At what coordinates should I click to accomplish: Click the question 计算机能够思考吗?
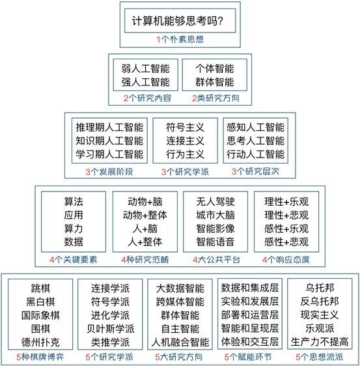[178, 21]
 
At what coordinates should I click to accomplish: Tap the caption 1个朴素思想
[180, 39]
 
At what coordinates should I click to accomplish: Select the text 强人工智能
[145, 82]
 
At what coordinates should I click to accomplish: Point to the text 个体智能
[215, 68]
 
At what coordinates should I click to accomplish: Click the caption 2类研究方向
[216, 98]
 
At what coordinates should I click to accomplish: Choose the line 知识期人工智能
[109, 141]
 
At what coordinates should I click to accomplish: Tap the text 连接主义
[185, 141]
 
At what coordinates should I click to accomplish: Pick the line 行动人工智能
[255, 154]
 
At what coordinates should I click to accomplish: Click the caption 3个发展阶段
[109, 172]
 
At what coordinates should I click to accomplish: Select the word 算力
[74, 229]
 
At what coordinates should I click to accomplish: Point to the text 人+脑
[145, 229]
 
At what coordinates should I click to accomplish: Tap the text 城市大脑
[215, 215]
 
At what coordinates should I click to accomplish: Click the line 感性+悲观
[286, 242]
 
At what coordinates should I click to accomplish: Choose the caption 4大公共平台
[216, 260]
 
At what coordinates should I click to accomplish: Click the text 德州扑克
[40, 342]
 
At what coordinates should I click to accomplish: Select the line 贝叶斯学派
[111, 329]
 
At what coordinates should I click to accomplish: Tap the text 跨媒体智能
[180, 302]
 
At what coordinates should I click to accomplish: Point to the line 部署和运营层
[250, 315]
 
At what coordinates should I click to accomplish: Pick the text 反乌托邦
[320, 302]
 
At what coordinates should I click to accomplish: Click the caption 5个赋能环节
[248, 357]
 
